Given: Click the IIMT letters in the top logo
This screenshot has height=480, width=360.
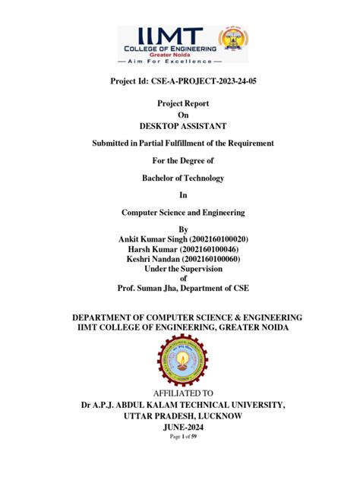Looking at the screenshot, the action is (169, 36).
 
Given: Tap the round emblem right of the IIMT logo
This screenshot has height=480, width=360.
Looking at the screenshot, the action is (233, 44).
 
